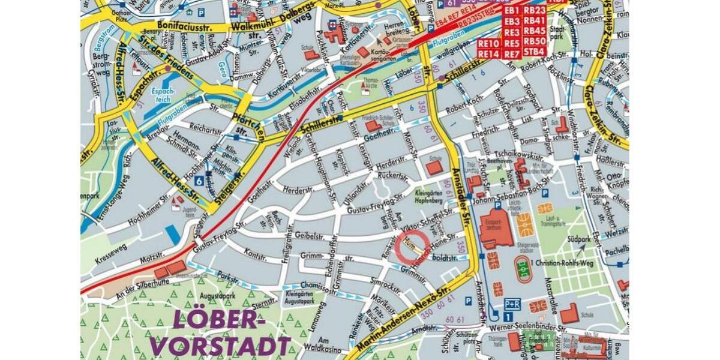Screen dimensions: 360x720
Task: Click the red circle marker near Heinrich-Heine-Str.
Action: point(412,245)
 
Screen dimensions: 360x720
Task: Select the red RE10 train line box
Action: point(489,44)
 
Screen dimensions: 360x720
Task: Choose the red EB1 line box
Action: point(511,11)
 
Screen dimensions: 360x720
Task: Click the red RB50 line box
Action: point(534,41)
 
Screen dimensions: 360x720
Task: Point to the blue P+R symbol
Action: point(511,304)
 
